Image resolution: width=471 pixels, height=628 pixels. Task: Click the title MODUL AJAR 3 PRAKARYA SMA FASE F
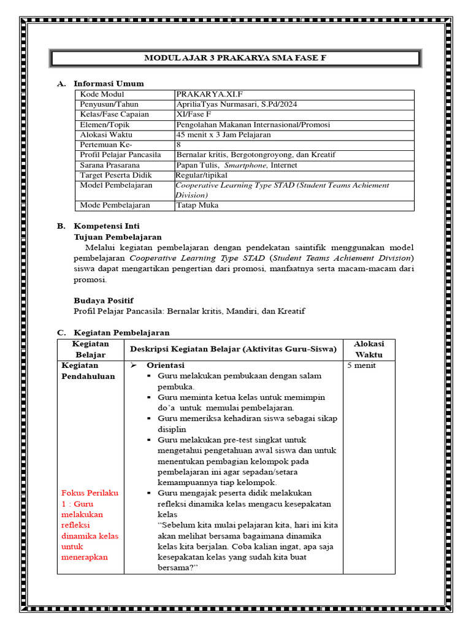(235, 58)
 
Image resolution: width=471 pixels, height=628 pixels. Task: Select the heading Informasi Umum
(109, 83)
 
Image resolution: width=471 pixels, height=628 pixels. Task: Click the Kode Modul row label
(102, 94)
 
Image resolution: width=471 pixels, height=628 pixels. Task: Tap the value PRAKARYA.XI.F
(206, 94)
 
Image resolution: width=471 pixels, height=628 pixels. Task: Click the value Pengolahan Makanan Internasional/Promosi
(253, 124)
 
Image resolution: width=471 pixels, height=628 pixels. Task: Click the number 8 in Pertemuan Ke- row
(178, 145)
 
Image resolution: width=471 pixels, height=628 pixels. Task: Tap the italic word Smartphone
(245, 165)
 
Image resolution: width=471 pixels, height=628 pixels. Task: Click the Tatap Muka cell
(197, 205)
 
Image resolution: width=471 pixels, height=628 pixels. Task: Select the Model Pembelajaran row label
(116, 185)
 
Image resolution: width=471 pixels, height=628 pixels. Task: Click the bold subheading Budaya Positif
(103, 301)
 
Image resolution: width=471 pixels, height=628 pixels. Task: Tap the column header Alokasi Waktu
(369, 350)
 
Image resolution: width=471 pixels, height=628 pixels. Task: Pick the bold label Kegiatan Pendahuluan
(88, 371)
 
